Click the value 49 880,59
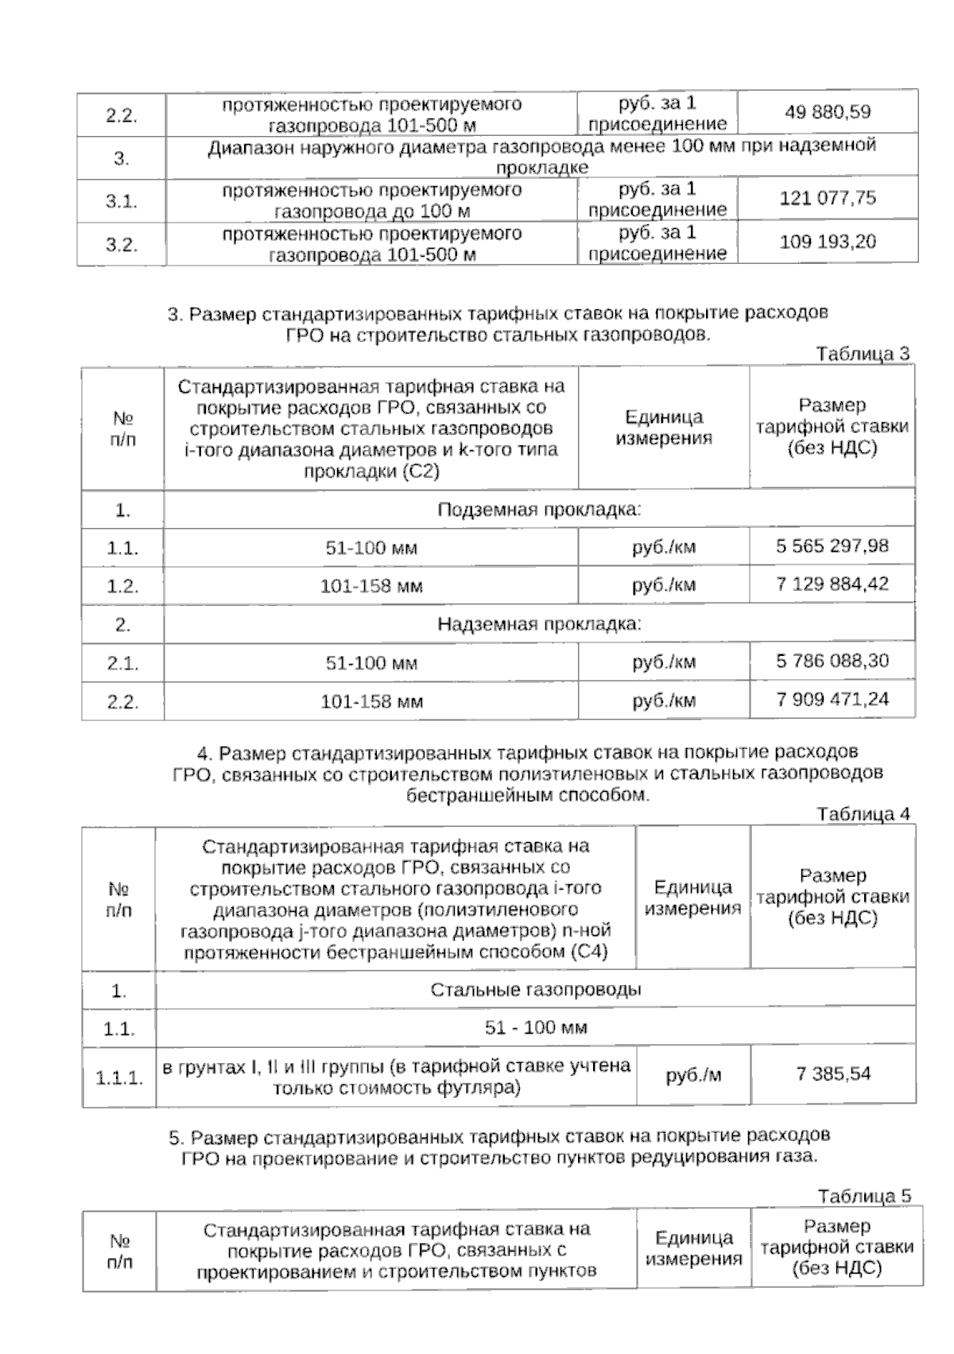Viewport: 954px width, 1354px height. [828, 112]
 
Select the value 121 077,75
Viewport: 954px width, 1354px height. [828, 198]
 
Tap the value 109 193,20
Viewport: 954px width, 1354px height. [828, 242]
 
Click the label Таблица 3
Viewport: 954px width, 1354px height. [863, 354]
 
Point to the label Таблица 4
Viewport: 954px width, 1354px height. [863, 814]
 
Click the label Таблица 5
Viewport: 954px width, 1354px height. [864, 1197]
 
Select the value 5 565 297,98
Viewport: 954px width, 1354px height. [832, 546]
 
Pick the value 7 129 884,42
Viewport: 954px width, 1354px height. [832, 584]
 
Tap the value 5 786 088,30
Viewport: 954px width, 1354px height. [832, 661]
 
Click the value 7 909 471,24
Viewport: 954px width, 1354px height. [832, 700]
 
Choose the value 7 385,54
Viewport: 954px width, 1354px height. [833, 1074]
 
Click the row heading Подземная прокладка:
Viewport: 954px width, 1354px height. [539, 510]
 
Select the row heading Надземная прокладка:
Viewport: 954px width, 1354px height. [539, 624]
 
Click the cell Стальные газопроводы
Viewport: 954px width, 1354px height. [536, 990]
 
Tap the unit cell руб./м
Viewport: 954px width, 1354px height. [693, 1076]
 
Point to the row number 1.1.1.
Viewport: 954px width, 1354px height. [119, 1079]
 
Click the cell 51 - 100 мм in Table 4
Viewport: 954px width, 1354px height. [536, 1028]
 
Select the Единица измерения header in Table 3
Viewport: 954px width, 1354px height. [664, 428]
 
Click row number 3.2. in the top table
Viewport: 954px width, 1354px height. [122, 245]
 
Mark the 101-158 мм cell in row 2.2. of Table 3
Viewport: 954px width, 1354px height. [371, 702]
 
